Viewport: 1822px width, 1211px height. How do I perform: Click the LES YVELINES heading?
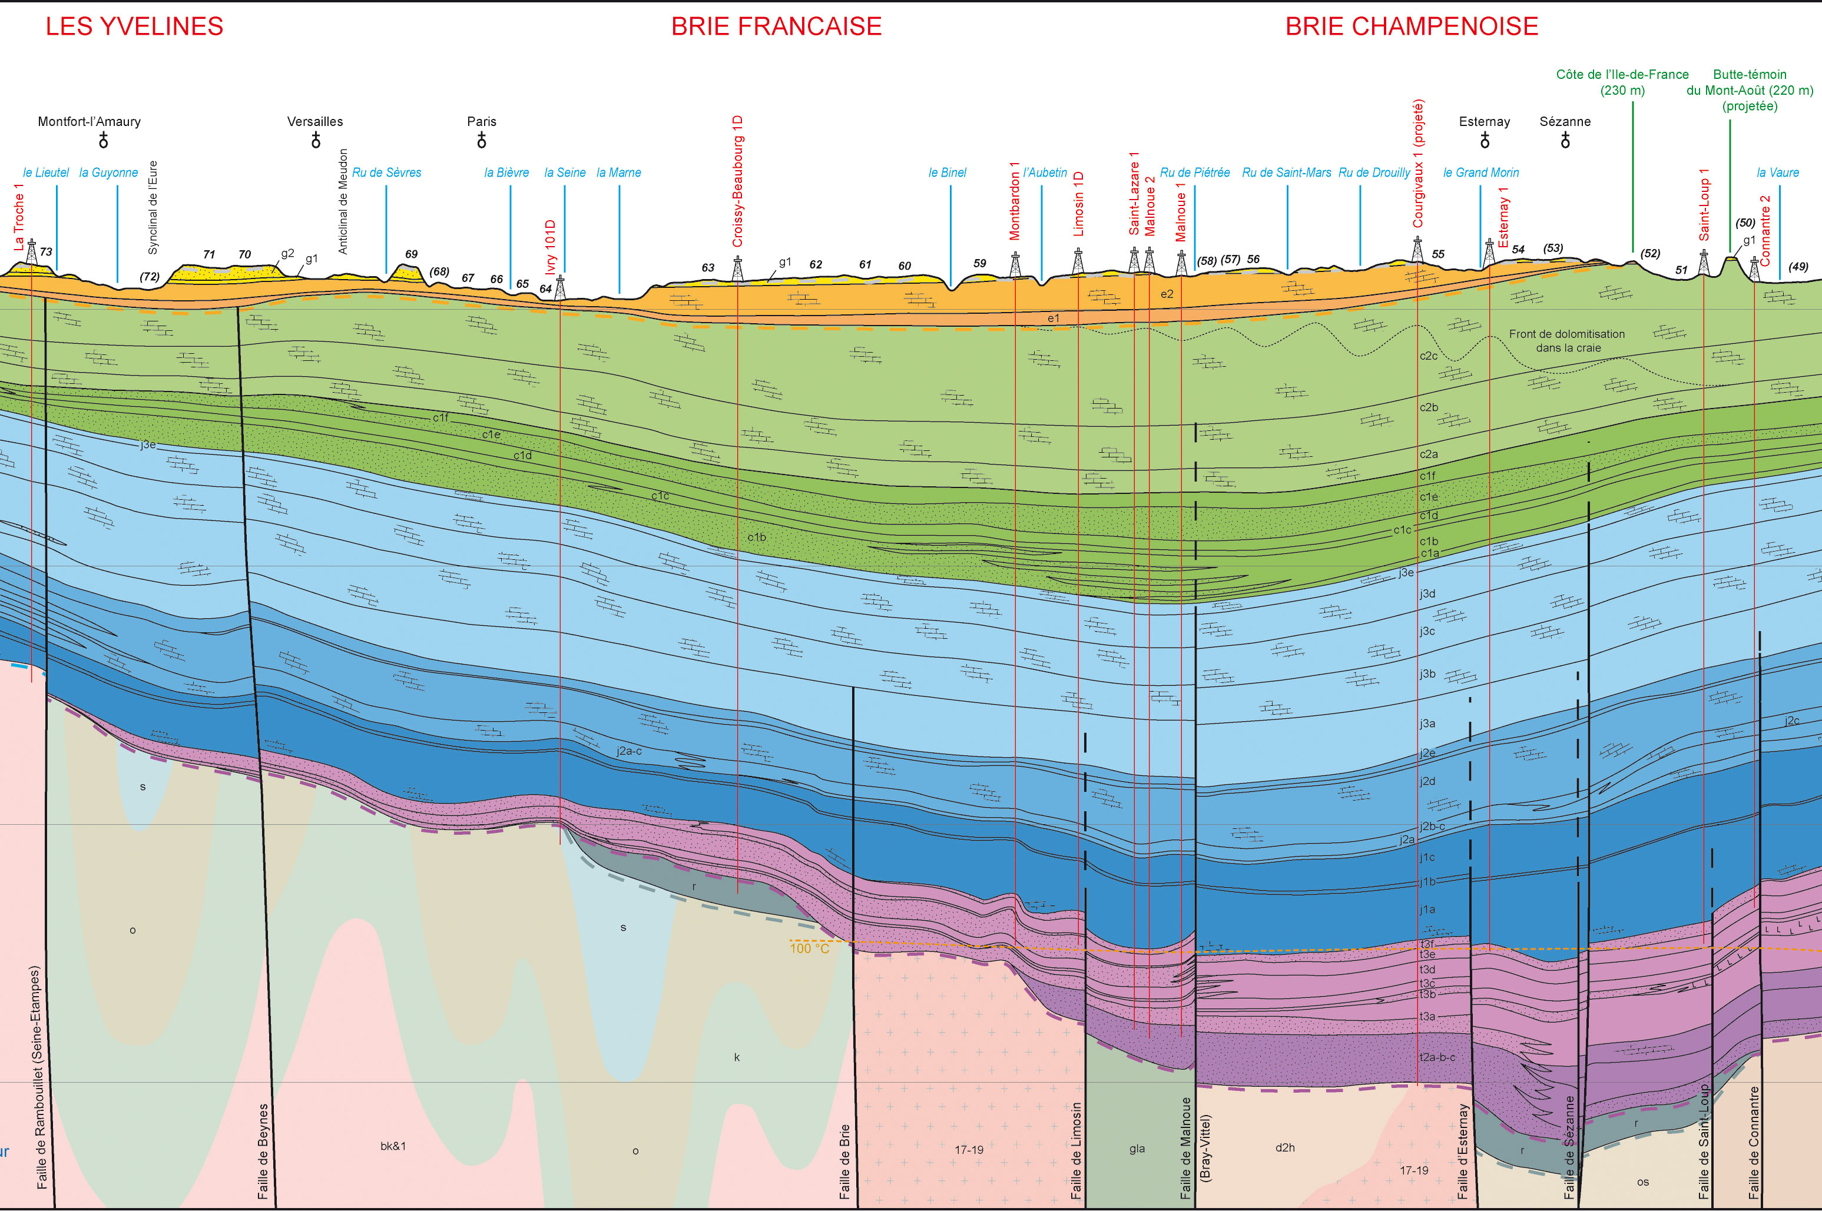(x=134, y=26)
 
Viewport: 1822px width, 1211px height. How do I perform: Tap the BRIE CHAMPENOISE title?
(x=1411, y=26)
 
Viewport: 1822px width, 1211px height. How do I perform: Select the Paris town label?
(x=481, y=121)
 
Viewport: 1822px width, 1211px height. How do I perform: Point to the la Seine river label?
(x=565, y=172)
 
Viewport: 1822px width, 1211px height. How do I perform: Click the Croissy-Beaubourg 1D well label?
(x=738, y=181)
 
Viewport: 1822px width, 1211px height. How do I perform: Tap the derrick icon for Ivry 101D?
(x=560, y=287)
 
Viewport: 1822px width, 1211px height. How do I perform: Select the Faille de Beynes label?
(x=263, y=1151)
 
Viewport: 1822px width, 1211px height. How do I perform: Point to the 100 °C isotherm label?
(x=810, y=948)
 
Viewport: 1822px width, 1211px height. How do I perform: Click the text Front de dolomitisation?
(x=1566, y=334)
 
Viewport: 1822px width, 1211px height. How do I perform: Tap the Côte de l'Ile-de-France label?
(x=1622, y=74)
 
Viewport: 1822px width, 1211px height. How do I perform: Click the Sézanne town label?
(x=1565, y=121)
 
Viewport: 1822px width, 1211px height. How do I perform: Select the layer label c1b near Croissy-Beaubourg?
(x=756, y=537)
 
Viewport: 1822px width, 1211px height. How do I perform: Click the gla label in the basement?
(x=1137, y=1149)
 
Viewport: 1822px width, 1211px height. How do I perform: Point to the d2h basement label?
(x=1285, y=1147)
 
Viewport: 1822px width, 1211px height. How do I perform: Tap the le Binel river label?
(x=947, y=172)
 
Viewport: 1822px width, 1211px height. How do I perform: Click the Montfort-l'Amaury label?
(x=89, y=121)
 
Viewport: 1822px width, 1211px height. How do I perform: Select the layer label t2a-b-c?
(x=1437, y=1057)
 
